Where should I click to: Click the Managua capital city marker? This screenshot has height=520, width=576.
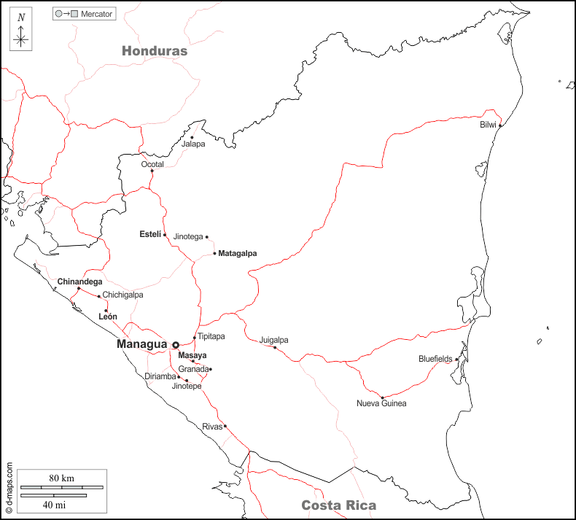(x=176, y=345)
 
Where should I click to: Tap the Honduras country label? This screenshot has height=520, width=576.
(x=155, y=51)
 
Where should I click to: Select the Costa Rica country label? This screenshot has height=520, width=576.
(x=339, y=505)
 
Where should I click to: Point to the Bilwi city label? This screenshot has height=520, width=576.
(x=488, y=125)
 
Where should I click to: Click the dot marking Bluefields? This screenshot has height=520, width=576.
(x=456, y=359)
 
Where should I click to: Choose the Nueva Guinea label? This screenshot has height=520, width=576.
(x=381, y=403)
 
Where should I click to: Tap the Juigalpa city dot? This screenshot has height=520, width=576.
(x=275, y=347)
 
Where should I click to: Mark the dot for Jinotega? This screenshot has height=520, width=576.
(x=207, y=237)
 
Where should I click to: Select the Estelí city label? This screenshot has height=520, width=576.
(x=150, y=234)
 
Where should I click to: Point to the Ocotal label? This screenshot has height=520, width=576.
(x=152, y=164)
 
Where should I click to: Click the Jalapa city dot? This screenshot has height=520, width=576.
(x=192, y=137)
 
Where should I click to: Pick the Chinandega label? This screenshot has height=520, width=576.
(x=80, y=282)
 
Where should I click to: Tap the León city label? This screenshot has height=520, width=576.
(x=108, y=317)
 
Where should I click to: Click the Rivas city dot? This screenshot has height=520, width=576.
(x=225, y=426)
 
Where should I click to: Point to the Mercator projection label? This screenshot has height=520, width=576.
(x=97, y=14)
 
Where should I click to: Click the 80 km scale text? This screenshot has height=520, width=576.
(x=62, y=478)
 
